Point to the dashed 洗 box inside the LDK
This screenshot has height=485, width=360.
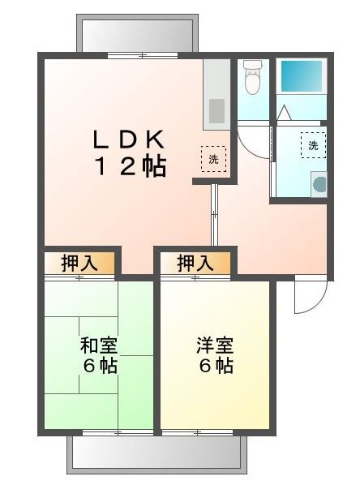click(x=213, y=159)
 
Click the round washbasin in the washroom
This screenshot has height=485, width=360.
click(x=319, y=184)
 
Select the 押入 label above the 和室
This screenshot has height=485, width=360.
click(x=79, y=263)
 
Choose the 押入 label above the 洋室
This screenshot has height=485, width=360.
click(x=195, y=263)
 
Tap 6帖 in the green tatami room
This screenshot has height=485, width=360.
click(x=99, y=366)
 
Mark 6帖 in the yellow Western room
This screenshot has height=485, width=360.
click(x=215, y=366)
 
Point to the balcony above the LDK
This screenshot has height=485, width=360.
click(x=137, y=33)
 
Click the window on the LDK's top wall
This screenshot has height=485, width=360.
click(x=143, y=55)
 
